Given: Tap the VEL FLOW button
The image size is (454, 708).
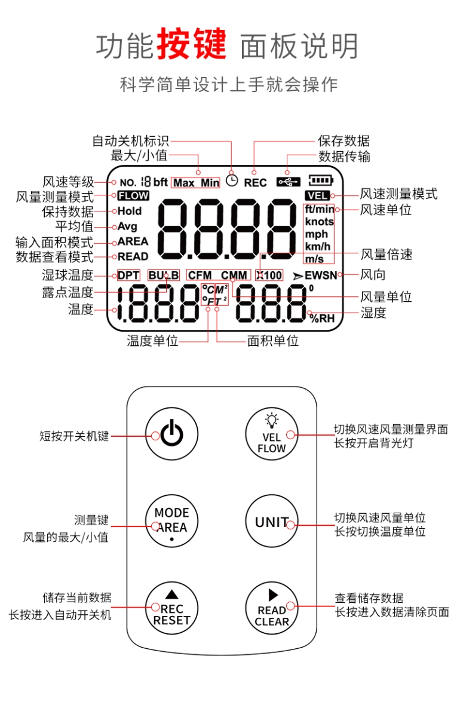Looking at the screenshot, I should tap(271, 434).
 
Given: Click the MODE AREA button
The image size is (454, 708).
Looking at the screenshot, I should tap(171, 520).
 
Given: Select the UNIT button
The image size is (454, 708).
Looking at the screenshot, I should tap(271, 522).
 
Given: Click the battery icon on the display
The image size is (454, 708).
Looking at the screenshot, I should tap(320, 179).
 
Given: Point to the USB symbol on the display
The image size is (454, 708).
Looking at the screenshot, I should tap(288, 182).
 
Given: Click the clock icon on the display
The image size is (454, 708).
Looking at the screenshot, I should tap(232, 180).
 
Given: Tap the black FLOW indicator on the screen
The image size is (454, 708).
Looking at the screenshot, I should tap(133, 195).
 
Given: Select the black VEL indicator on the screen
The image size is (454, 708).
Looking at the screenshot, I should tap(316, 195).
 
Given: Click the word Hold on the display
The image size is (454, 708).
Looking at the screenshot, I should tap(130, 211).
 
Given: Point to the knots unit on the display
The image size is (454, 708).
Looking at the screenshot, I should tap(320, 222).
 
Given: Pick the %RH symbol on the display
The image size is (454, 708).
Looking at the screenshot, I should tap(322, 318).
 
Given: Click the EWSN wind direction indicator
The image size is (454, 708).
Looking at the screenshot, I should tap(321, 275).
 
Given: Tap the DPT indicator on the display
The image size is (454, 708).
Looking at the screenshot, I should tap(128, 275).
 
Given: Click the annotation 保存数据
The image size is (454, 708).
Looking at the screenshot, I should tap(343, 141).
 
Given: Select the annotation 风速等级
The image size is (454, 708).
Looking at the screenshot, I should tap(68, 182).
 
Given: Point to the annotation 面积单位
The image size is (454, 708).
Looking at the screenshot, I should tap(273, 341).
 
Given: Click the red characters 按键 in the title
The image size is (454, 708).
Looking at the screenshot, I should tap(191, 45).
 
